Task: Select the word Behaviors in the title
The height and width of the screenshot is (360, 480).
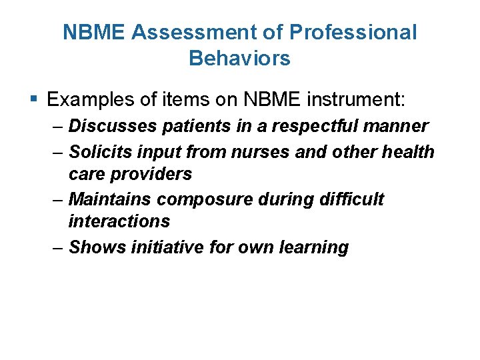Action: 239,59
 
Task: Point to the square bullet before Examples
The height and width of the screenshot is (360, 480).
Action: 35,100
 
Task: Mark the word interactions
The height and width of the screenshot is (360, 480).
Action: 119,221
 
